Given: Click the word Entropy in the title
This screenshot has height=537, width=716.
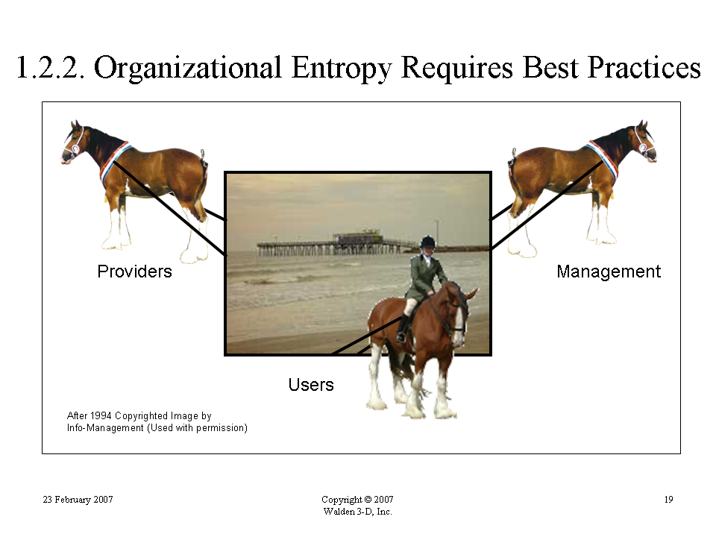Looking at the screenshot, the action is (342, 69).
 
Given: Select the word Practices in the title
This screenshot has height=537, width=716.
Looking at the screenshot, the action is (644, 68).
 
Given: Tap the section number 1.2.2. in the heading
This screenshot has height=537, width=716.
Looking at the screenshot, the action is (50, 68).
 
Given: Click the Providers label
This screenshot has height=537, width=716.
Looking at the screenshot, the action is (135, 271).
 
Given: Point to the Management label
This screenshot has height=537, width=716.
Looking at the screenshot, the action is (609, 271).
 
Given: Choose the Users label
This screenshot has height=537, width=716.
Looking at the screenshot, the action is (311, 385).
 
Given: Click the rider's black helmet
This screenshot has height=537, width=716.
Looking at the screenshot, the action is (428, 242).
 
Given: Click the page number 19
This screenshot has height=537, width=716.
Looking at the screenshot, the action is (668, 499).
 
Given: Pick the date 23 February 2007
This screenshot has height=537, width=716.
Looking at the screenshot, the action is (78, 499).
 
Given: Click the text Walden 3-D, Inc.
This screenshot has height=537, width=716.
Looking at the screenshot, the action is (357, 512).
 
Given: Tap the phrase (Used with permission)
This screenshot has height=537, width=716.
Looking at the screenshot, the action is (197, 428).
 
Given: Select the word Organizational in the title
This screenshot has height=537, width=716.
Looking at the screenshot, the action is (188, 69).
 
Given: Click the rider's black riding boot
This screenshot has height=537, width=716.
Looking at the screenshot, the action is (402, 328).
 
